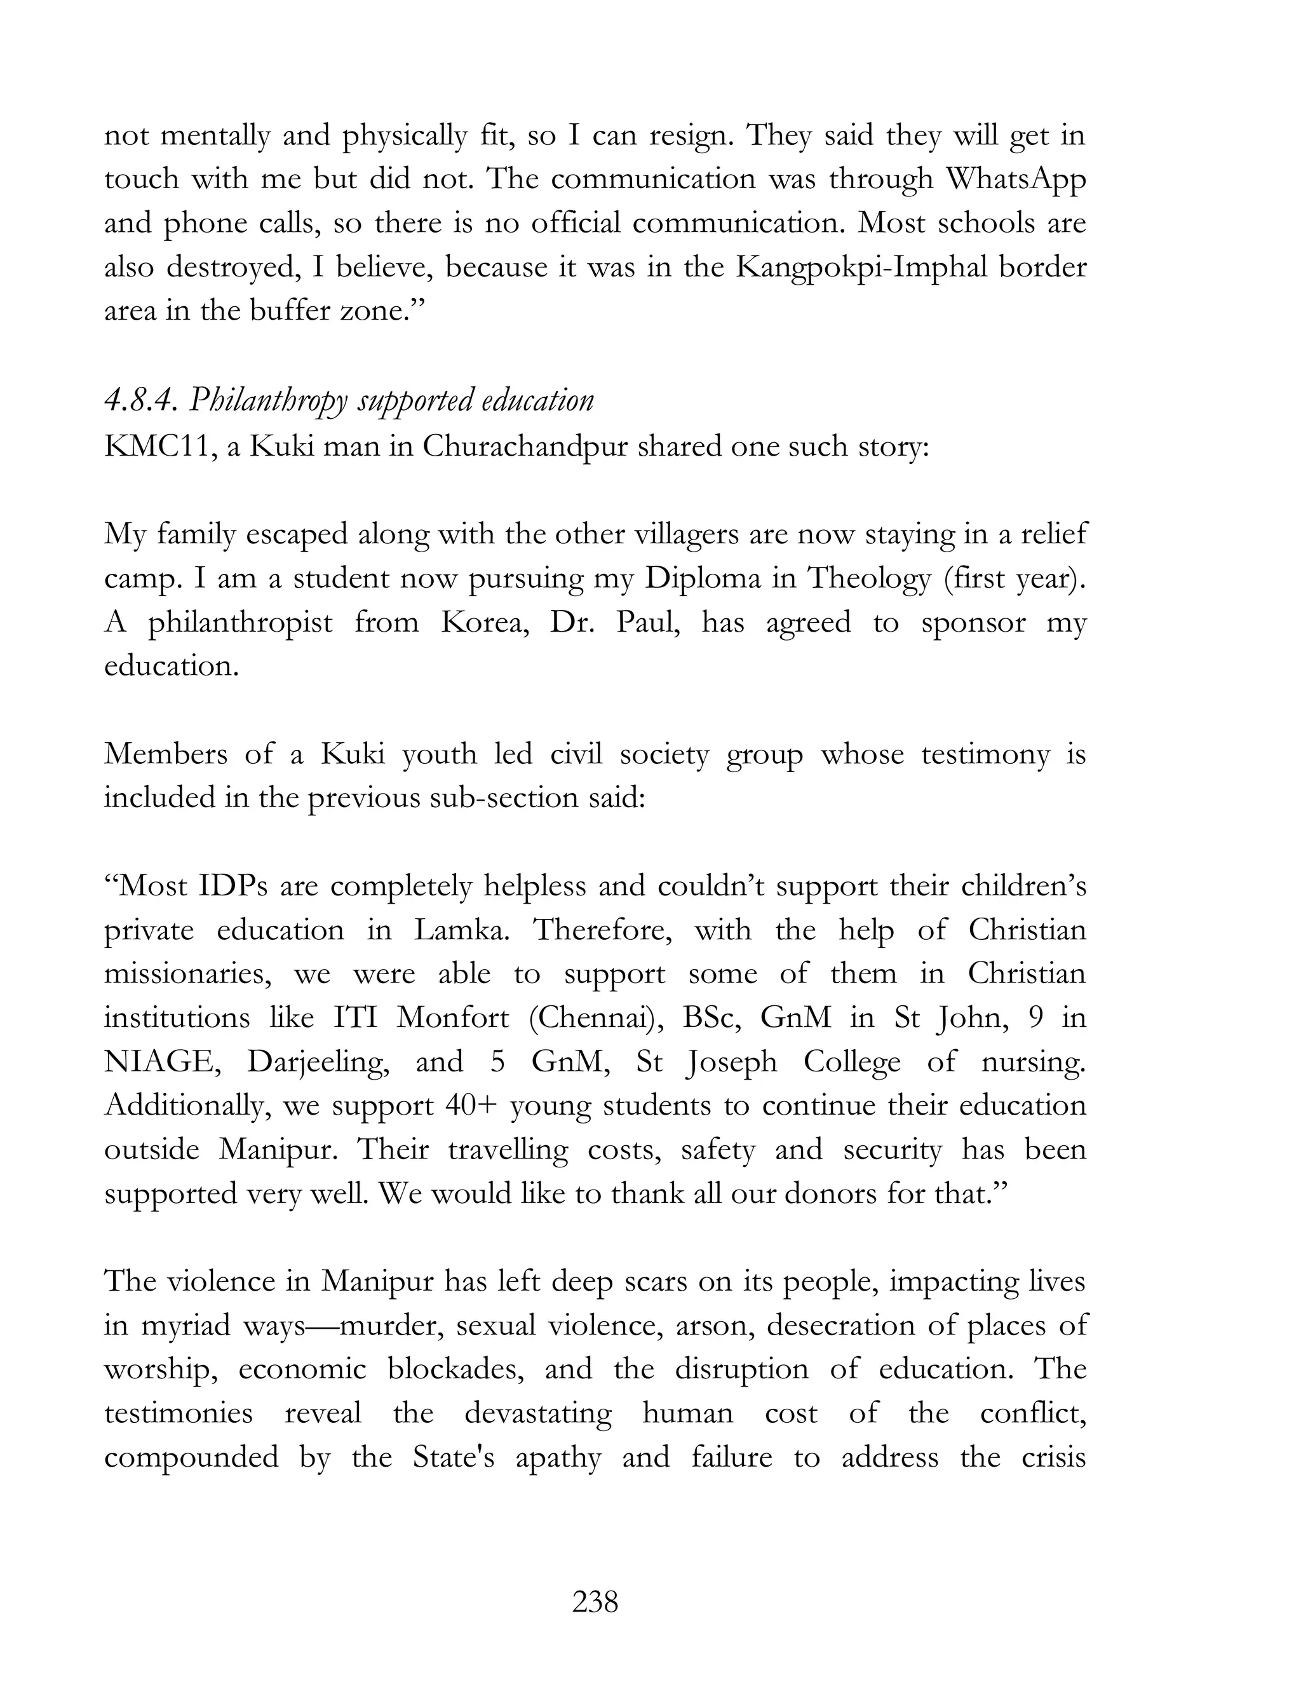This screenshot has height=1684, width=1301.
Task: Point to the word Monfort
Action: (452, 1018)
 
